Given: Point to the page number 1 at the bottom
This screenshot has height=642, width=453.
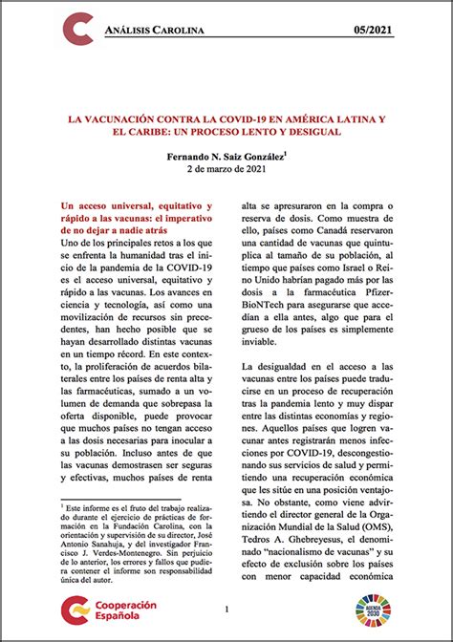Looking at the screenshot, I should point(226,609).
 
